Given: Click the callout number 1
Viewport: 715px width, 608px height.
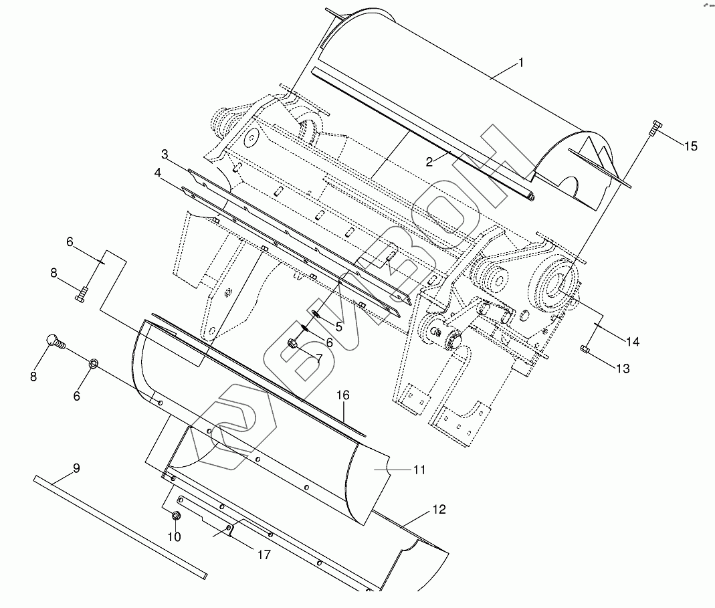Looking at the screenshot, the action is click(x=521, y=62).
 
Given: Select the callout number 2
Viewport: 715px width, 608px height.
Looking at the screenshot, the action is click(x=429, y=162).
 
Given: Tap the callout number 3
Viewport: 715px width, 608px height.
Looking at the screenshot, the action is click(x=165, y=154).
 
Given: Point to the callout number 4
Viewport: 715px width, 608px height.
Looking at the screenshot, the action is click(x=158, y=173).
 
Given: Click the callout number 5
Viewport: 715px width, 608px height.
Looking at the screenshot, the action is click(x=338, y=326).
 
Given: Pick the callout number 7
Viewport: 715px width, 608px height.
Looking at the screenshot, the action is click(x=319, y=359).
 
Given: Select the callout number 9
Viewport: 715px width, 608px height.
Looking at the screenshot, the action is click(x=76, y=468).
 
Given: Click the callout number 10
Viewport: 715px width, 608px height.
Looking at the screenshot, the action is click(x=174, y=537).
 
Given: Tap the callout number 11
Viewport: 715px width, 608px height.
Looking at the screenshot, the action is click(x=419, y=470).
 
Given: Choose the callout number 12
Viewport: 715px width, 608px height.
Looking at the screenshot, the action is click(x=439, y=509).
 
